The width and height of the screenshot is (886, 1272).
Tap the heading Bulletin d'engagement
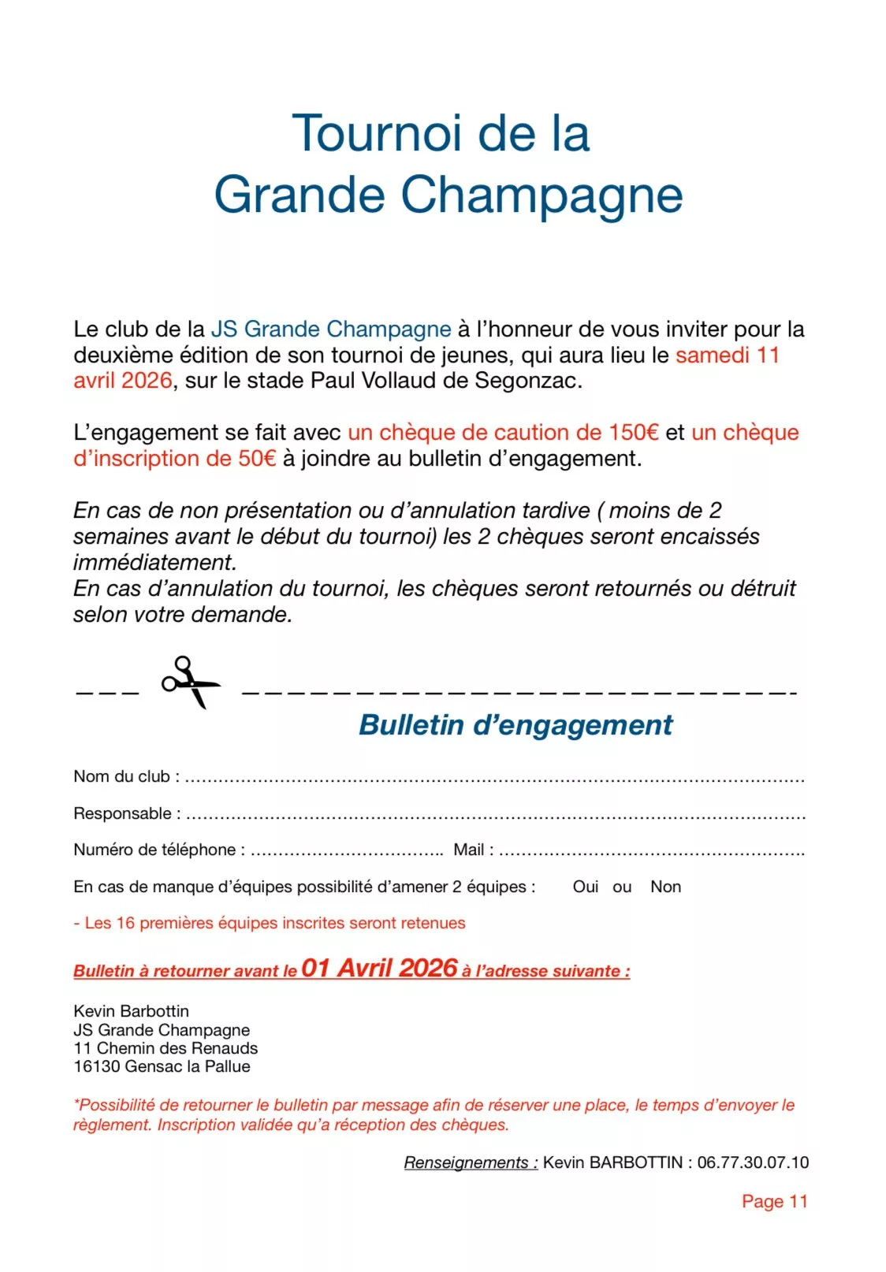point(516,725)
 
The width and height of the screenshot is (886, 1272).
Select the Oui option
point(586,887)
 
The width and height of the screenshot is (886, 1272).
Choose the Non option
point(665,887)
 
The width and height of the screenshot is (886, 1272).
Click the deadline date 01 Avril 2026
point(379,968)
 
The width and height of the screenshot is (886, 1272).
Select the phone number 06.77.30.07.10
point(753,1162)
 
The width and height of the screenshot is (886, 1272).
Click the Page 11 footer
point(774,1201)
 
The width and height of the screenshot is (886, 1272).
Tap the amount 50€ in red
point(257,459)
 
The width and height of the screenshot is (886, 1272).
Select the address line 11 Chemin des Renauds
point(166,1048)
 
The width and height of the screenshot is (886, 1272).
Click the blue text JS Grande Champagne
point(331,329)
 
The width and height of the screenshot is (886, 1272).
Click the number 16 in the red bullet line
point(125,923)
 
